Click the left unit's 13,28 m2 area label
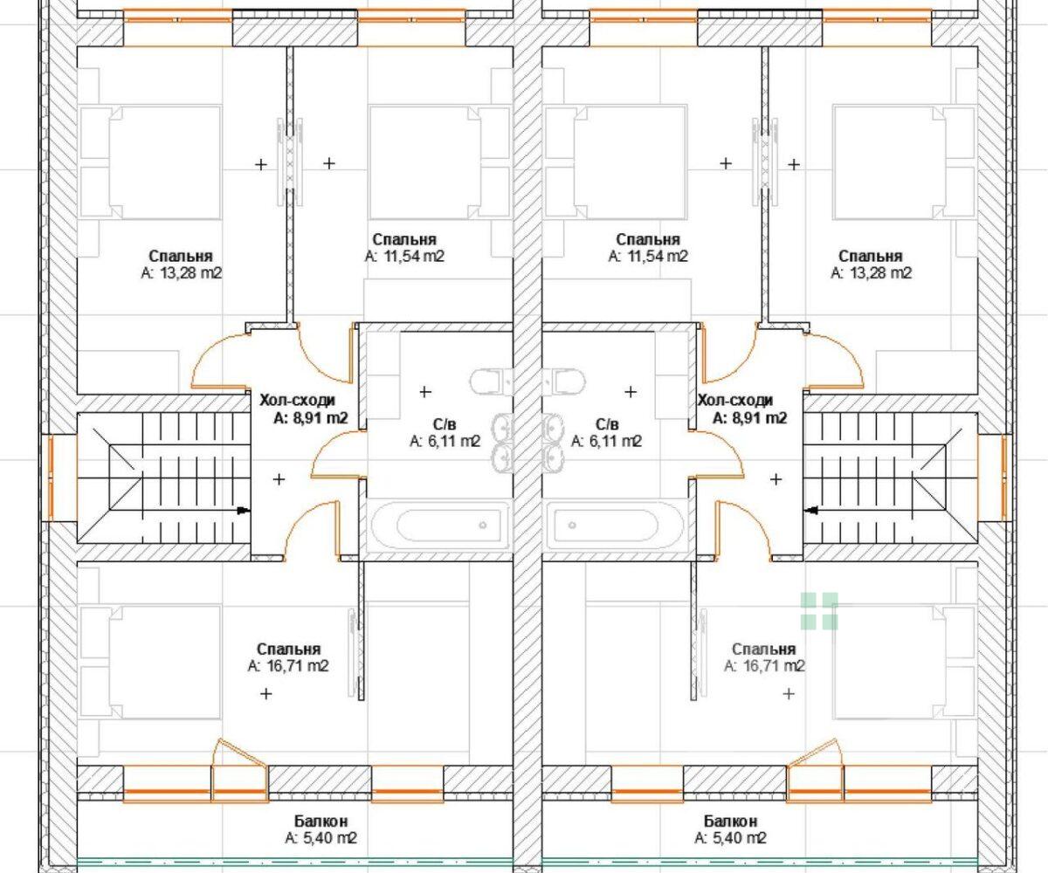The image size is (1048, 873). [182, 273]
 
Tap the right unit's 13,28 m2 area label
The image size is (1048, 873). [872, 273]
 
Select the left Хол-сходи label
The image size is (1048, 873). [297, 401]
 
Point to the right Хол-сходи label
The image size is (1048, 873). [735, 401]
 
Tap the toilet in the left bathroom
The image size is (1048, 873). [491, 382]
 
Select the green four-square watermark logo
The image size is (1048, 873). [819, 611]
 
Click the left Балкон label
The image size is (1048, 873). [321, 821]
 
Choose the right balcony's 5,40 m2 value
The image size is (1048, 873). [730, 838]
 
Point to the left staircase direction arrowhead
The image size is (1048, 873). [244, 511]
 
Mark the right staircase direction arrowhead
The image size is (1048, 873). [810, 511]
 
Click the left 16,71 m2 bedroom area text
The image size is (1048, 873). [288, 666]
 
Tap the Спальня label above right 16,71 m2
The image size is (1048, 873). [764, 650]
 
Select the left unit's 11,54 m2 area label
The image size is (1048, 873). [404, 257]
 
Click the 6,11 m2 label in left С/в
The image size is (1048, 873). [445, 441]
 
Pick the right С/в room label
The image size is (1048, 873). [607, 424]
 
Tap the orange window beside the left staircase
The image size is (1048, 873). [52, 478]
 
